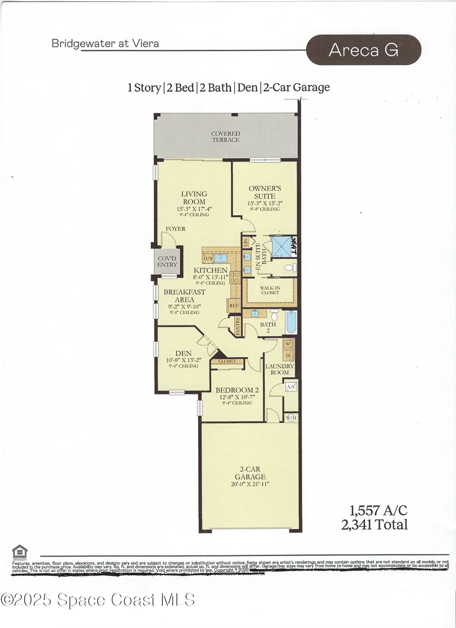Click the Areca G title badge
[x=364, y=50]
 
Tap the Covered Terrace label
[x=225, y=137]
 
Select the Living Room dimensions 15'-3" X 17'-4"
[x=194, y=208]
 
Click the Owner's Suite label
[x=265, y=192]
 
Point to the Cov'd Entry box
[x=167, y=262]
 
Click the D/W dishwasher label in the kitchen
[x=208, y=259]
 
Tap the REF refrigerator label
[x=234, y=306]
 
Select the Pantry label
[x=238, y=325]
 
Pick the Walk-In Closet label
[x=270, y=290]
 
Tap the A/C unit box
[x=291, y=387]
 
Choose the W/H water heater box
[x=291, y=417]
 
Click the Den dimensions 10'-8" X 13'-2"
[x=184, y=360]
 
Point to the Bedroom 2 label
[x=237, y=390]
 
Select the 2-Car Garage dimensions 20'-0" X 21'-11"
[x=250, y=484]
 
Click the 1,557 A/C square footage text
[x=378, y=510]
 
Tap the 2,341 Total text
[x=374, y=525]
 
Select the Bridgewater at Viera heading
[x=105, y=43]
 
